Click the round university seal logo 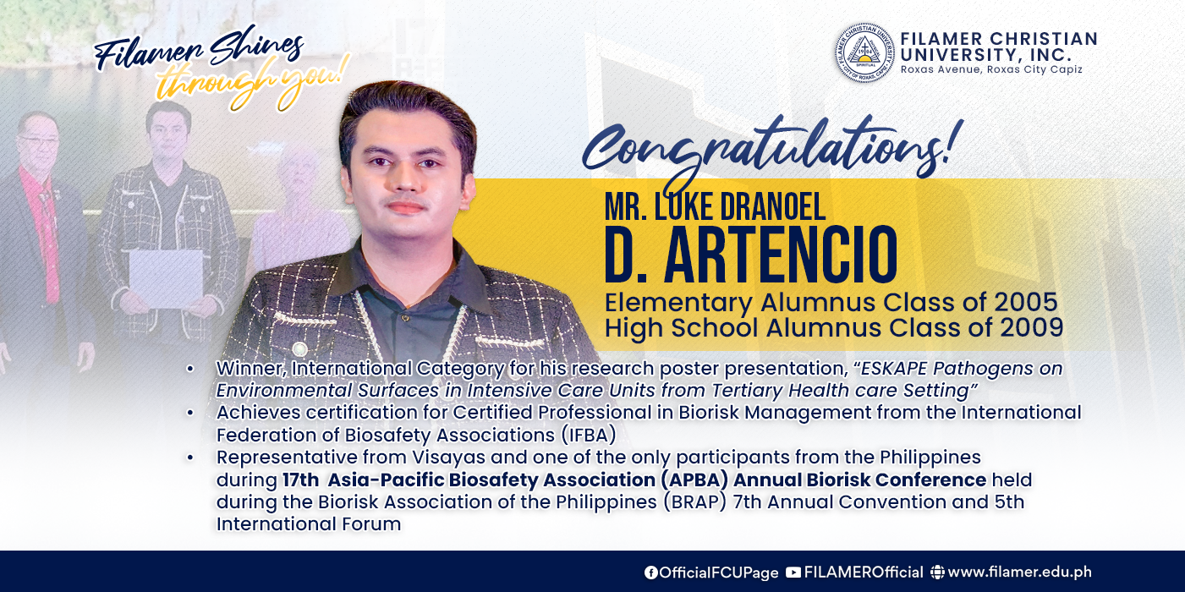[x=864, y=53]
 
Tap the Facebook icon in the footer [x=650, y=573]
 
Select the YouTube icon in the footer [x=793, y=573]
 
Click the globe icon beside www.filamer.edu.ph [x=937, y=573]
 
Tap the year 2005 [x=1026, y=303]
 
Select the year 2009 [x=1032, y=327]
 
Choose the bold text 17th [x=300, y=480]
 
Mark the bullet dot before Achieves [x=190, y=413]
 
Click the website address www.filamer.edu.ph [x=1019, y=573]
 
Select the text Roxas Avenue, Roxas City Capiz [x=991, y=69]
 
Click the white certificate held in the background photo [x=166, y=279]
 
